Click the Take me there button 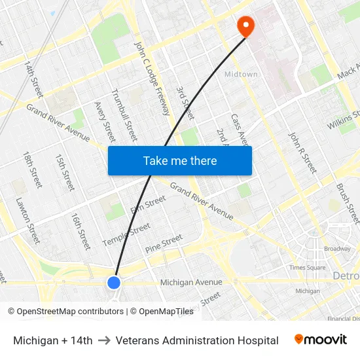(x=180, y=161)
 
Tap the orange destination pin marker (x=245, y=26)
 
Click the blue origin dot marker (x=114, y=283)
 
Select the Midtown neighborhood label (x=241, y=75)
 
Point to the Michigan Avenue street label (x=191, y=282)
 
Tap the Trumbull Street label (x=124, y=115)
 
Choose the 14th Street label (x=33, y=79)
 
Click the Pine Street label (x=164, y=244)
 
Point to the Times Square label (x=308, y=268)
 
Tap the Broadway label (x=338, y=249)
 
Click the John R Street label (x=303, y=153)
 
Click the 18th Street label (x=31, y=170)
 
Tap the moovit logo (x=321, y=340)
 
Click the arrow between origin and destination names (x=104, y=340)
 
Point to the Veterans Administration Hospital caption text (x=197, y=340)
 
